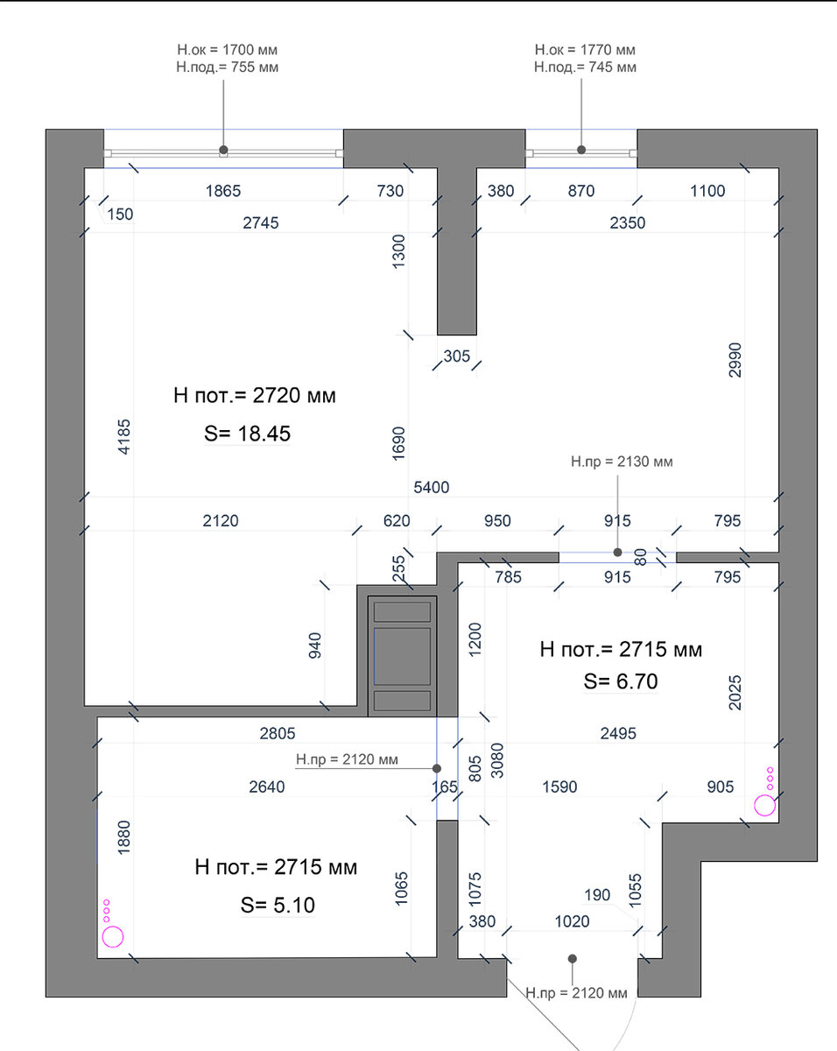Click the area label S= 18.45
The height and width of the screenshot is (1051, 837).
point(247,434)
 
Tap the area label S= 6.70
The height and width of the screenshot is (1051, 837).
point(621,681)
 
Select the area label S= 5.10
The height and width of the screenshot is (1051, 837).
point(278,905)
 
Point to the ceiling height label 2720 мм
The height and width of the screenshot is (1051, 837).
point(294,395)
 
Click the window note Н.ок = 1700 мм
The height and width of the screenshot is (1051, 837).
point(227,50)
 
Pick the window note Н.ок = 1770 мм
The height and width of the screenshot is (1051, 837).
point(585,50)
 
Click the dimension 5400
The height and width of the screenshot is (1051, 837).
point(432,488)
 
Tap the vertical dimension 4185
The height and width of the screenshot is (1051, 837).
point(124,437)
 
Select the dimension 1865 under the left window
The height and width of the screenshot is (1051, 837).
point(223,191)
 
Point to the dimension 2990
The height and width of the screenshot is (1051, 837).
point(735,360)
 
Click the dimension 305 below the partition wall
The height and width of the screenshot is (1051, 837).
point(457,356)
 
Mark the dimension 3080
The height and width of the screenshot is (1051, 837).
point(496,760)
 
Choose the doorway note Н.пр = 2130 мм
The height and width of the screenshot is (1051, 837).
point(622,462)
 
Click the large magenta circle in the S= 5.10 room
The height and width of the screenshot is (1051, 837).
point(113,937)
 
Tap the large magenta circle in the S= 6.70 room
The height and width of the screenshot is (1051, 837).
point(764,806)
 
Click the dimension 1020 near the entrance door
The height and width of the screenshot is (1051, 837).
point(572,921)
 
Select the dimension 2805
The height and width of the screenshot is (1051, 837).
point(278,734)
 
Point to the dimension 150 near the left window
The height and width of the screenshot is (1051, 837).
point(120,215)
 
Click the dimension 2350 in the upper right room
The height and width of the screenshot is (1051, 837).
point(628,223)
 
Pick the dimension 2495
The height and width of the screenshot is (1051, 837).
point(618,734)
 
